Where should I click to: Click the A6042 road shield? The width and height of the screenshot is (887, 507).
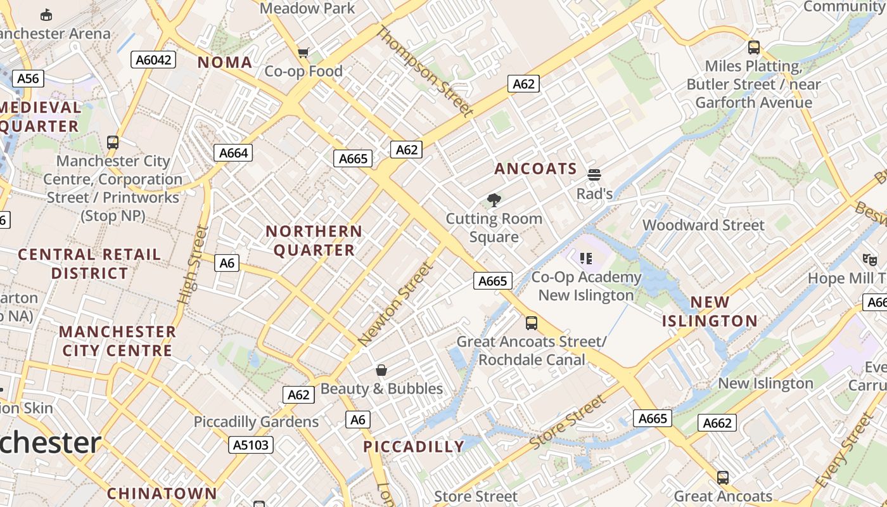tap(153, 60)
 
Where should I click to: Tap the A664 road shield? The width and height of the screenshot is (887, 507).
tap(233, 153)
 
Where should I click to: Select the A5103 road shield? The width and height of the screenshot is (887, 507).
tap(251, 445)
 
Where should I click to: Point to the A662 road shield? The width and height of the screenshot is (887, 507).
tap(718, 423)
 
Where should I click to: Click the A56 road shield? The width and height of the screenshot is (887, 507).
tap(28, 79)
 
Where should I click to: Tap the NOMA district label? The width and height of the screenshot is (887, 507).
tap(225, 62)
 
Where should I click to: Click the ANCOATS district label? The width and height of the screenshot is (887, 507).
tap(535, 169)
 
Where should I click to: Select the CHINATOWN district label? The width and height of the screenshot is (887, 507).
tap(162, 493)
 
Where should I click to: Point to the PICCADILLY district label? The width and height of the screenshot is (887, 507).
tap(414, 447)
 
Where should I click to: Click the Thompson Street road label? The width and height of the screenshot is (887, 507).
tap(424, 71)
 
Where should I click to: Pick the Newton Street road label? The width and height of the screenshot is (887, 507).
tap(396, 304)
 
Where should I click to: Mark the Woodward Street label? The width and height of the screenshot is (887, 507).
tap(703, 225)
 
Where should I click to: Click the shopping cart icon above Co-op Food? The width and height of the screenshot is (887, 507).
tap(303, 53)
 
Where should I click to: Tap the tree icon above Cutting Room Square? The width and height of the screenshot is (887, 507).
tap(494, 201)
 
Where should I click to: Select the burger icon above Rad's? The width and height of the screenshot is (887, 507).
tap(594, 174)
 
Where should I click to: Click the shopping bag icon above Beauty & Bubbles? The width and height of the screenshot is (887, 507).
tap(381, 370)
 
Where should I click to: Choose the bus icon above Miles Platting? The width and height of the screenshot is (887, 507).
tap(753, 47)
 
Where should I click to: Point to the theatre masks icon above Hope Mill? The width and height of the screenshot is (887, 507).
tap(869, 259)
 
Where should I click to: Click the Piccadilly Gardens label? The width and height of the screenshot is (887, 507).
tap(256, 421)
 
